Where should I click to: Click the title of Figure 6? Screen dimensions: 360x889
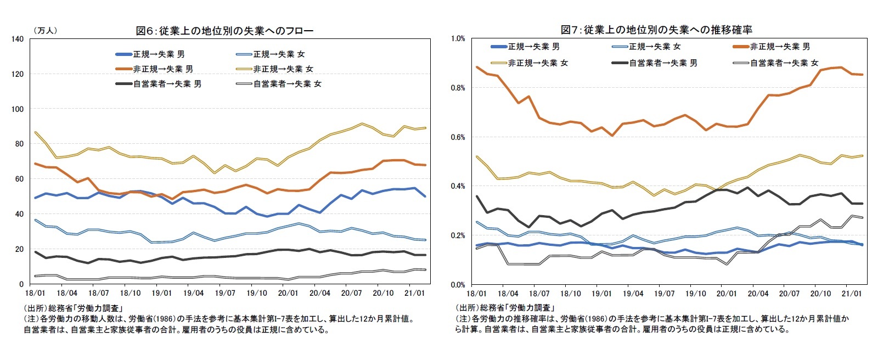(x=224, y=31)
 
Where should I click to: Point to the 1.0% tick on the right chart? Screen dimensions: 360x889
(x=458, y=39)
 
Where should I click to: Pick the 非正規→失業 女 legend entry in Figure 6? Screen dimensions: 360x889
(x=283, y=69)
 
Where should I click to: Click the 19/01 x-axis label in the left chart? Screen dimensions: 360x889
(x=157, y=294)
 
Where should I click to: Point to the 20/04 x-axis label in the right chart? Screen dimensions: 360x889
(x=757, y=294)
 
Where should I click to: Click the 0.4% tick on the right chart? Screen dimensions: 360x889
(x=458, y=186)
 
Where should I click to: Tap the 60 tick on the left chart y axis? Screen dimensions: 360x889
(x=19, y=179)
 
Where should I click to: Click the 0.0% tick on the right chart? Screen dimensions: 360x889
(x=458, y=284)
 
